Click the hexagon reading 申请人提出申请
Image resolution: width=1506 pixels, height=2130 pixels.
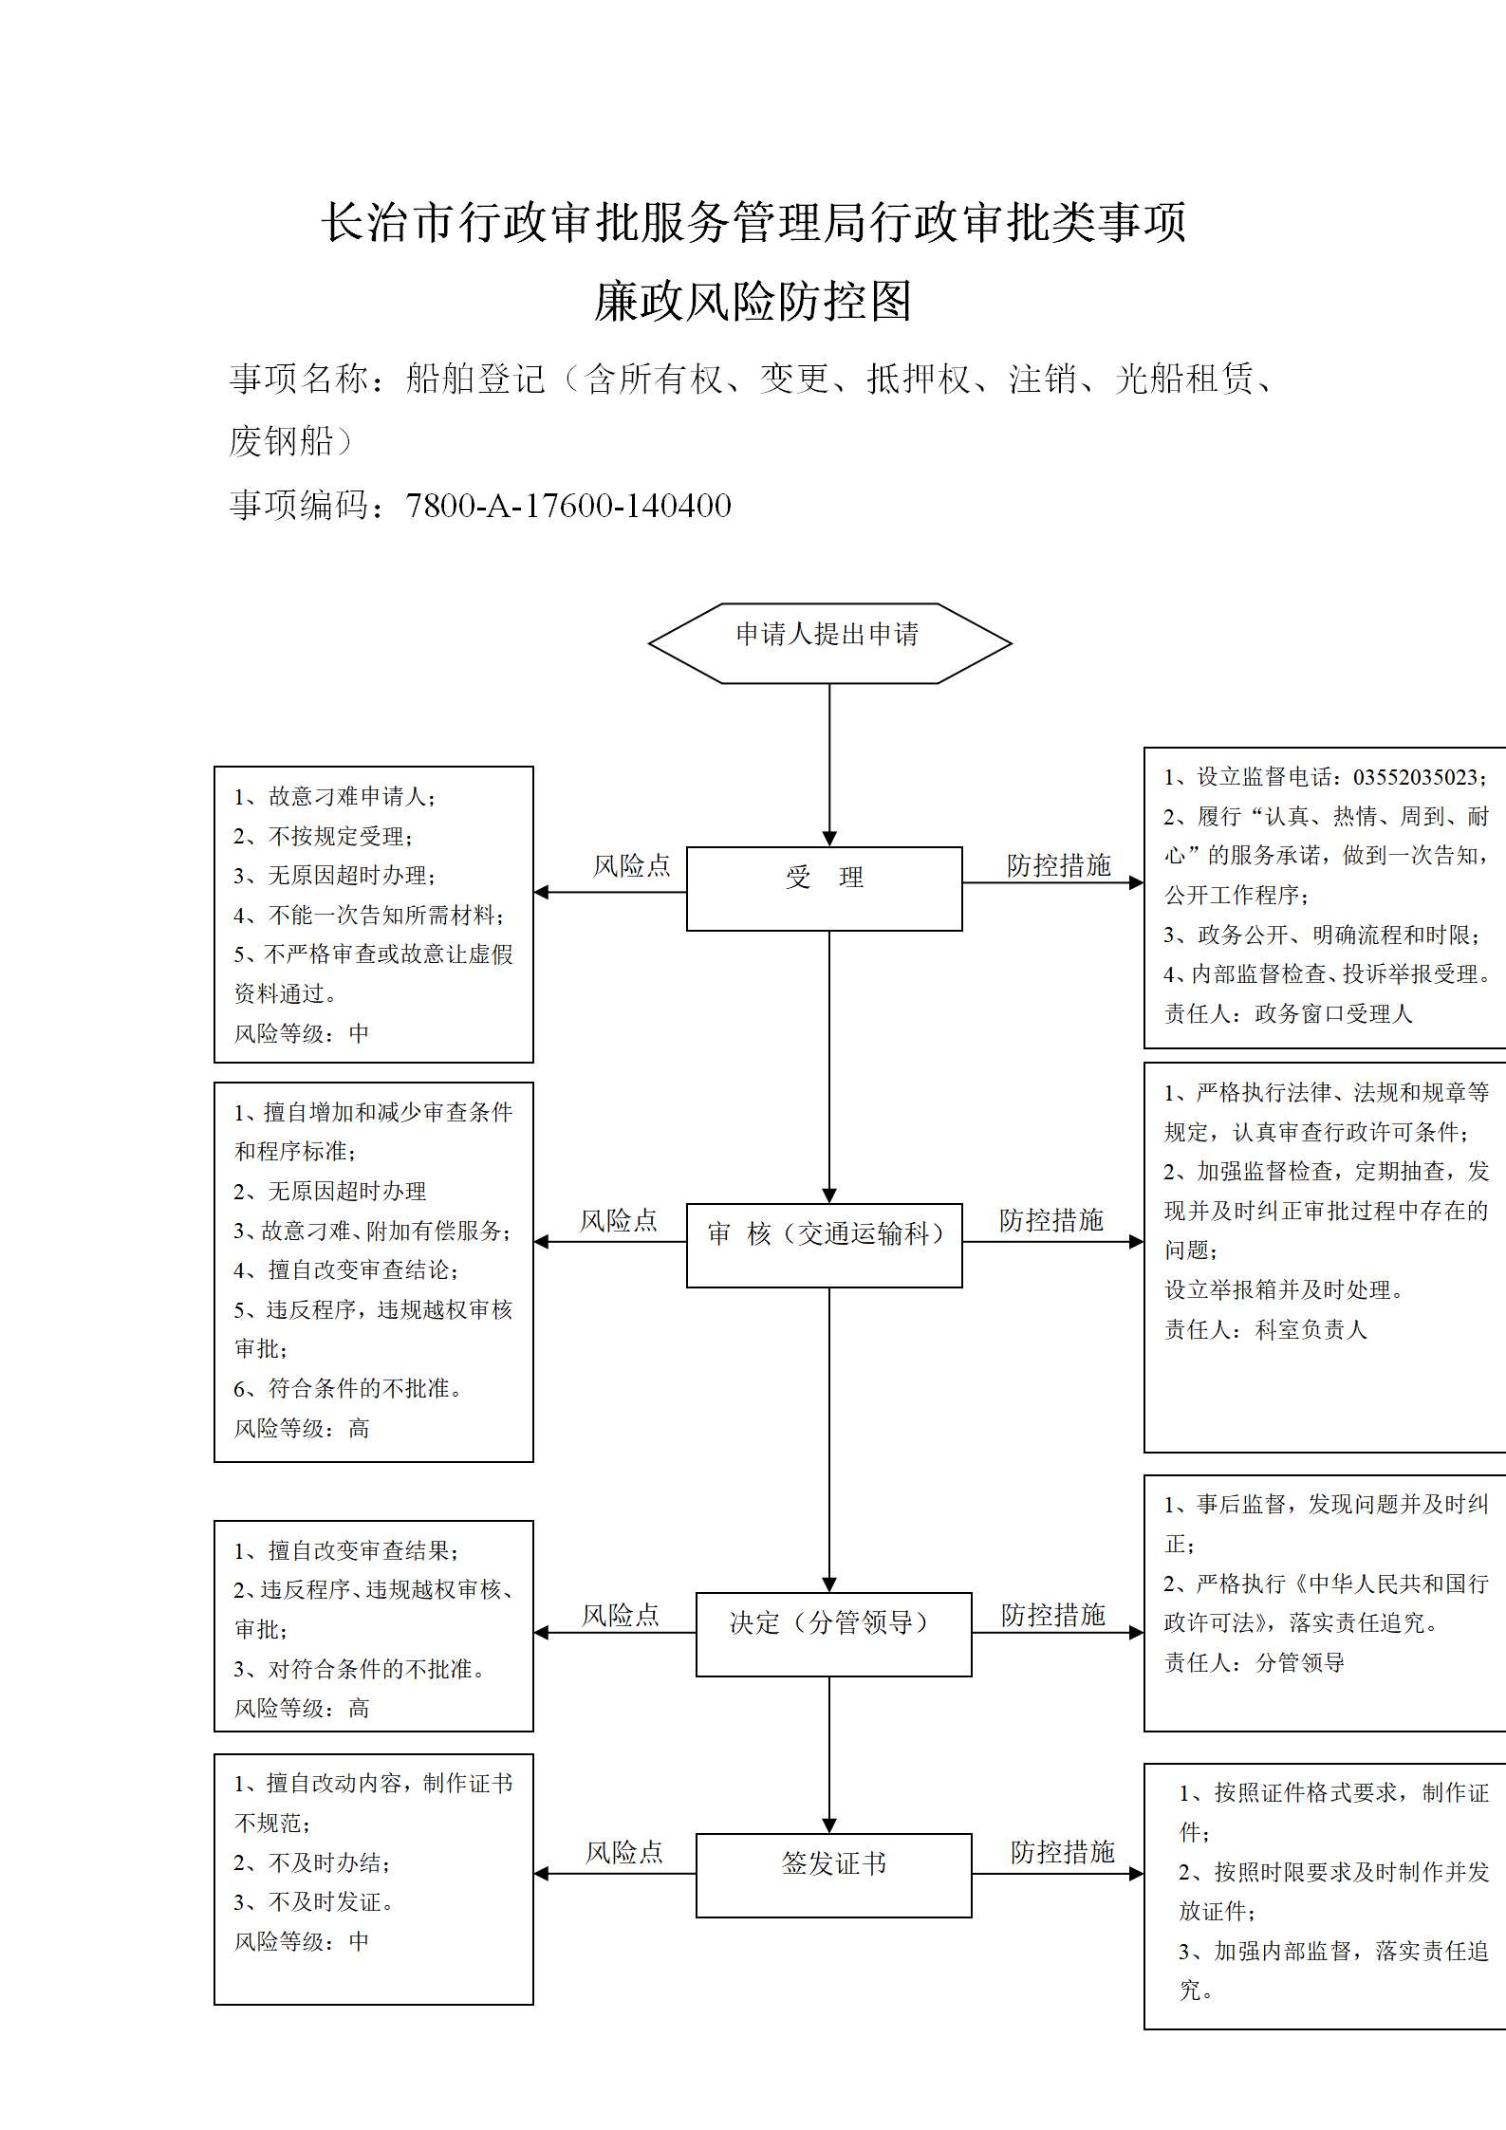coord(829,643)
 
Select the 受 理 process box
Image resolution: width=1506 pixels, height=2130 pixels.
coord(824,888)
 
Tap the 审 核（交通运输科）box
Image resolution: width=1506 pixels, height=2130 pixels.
coord(824,1245)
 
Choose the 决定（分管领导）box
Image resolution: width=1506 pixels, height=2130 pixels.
coord(833,1634)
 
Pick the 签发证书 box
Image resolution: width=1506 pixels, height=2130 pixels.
coord(833,1875)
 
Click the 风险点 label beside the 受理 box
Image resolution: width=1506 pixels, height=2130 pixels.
coord(632,865)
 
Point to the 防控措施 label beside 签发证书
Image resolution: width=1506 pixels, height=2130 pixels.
coord(1062,1851)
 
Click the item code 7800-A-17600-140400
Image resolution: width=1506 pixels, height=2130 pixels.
coord(568,505)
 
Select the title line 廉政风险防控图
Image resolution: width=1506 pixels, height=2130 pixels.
coord(753,301)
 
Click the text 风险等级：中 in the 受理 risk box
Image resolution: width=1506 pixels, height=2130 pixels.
coord(302,1032)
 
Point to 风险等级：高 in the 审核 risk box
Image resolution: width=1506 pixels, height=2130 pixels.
coord(302,1428)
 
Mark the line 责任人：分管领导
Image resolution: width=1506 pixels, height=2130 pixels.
coord(1255,1662)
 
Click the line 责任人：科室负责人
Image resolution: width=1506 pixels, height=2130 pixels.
coord(1266,1329)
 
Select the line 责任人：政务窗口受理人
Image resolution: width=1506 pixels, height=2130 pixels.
coord(1289,1013)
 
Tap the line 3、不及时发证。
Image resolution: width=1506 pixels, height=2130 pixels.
coord(314,1901)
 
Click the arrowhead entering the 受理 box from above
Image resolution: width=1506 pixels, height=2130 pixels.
coord(829,839)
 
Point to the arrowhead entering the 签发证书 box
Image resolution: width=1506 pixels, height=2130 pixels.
coord(829,1825)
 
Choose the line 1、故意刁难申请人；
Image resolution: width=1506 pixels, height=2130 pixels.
coord(335,796)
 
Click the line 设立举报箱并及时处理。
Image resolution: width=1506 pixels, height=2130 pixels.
coord(1284,1289)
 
